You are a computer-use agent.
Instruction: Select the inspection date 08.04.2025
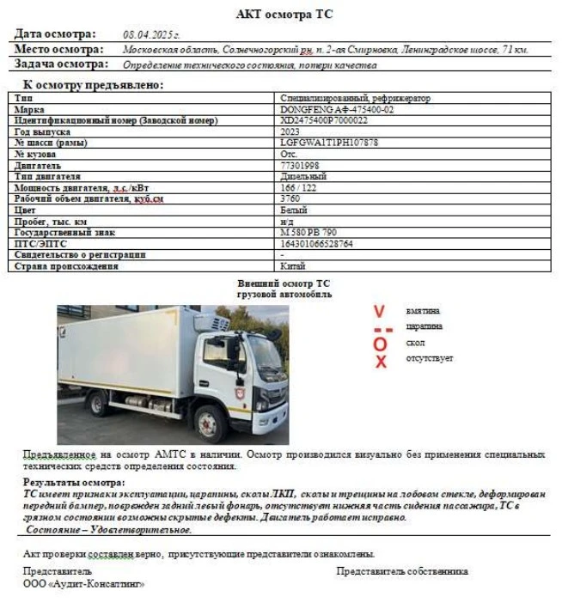pyautogui.click(x=151, y=35)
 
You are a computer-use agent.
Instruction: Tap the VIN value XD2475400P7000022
pyautogui.click(x=323, y=121)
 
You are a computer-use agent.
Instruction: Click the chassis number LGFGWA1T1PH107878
pyautogui.click(x=329, y=143)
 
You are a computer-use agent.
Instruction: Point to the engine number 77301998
pyautogui.click(x=300, y=165)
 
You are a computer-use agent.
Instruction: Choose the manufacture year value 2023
pyautogui.click(x=290, y=132)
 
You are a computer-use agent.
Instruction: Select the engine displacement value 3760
pyautogui.click(x=290, y=198)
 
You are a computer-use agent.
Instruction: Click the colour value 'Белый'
pyautogui.click(x=294, y=210)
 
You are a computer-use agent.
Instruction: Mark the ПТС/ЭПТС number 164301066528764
pyautogui.click(x=316, y=244)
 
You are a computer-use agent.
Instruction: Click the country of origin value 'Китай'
pyautogui.click(x=294, y=266)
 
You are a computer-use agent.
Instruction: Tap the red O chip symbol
pyautogui.click(x=380, y=344)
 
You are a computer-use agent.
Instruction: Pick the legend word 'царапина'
pyautogui.click(x=425, y=326)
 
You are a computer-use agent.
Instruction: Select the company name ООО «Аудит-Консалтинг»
pyautogui.click(x=83, y=584)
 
